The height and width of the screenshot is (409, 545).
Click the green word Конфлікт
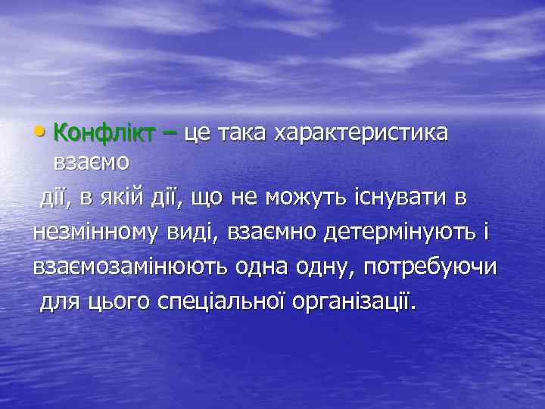pyautogui.click(x=105, y=133)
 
